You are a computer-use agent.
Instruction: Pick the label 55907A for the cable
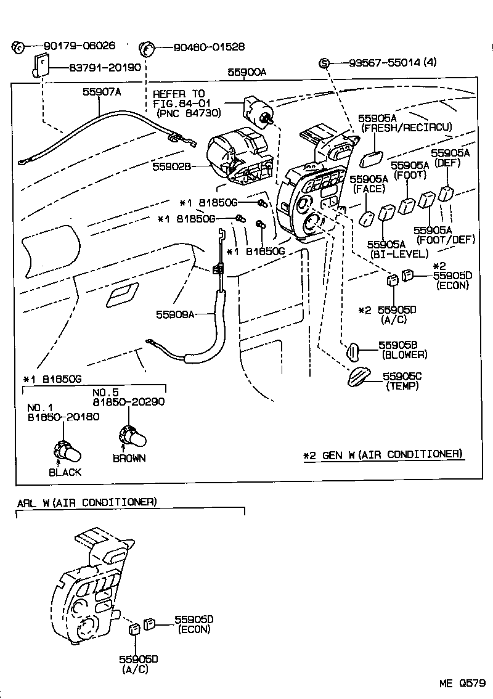(102, 92)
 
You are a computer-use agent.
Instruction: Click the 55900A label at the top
(246, 72)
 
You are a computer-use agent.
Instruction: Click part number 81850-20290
(129, 402)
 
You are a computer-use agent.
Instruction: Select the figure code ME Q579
(462, 682)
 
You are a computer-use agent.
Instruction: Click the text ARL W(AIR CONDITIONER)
(86, 502)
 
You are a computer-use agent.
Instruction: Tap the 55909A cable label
(175, 314)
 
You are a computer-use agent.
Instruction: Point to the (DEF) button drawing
(447, 193)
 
